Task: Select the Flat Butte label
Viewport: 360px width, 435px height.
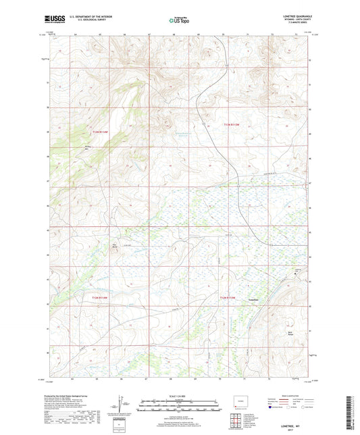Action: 114,246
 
